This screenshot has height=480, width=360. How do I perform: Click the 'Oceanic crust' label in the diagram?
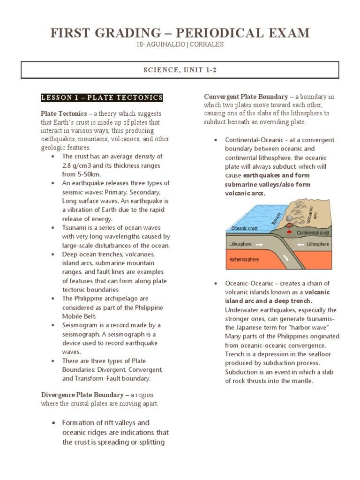(245, 228)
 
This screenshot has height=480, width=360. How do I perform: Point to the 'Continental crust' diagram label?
(313, 232)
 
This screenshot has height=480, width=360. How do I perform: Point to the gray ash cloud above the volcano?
(290, 218)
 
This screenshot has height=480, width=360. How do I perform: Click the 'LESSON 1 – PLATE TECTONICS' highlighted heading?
(102, 97)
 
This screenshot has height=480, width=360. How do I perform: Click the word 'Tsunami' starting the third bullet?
(74, 227)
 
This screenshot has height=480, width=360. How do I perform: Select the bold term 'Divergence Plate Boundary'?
(82, 395)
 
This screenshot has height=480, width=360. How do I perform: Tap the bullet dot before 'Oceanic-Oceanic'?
(215, 284)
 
